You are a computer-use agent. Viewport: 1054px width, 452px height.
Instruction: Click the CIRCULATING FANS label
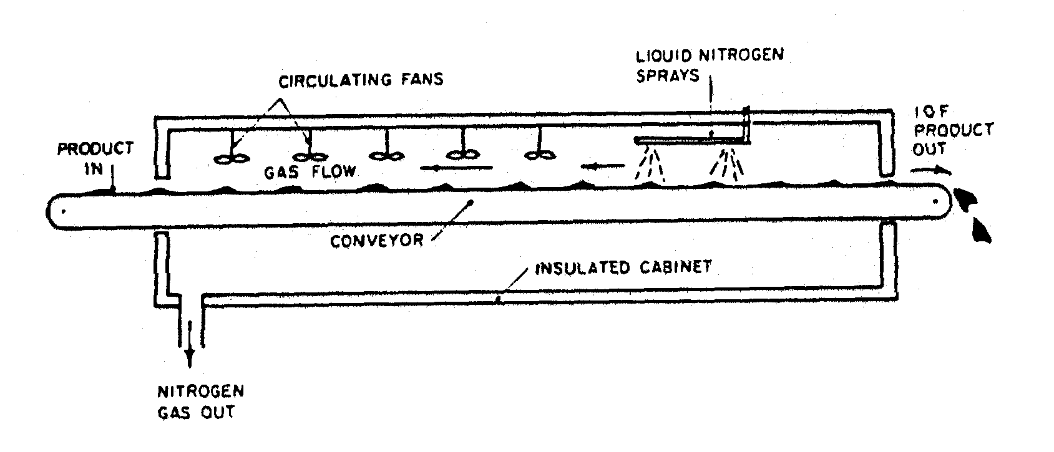[360, 80]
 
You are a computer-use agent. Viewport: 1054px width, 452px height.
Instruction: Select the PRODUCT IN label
[95, 158]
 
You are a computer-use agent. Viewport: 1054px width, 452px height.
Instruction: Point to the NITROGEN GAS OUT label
[199, 402]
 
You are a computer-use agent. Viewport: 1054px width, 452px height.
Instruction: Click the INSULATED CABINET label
[623, 268]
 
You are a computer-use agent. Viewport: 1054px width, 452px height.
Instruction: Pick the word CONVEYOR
[377, 240]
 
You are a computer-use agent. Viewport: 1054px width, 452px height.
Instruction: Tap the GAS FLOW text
[310, 171]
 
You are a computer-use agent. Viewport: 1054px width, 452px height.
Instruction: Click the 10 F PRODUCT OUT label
[952, 130]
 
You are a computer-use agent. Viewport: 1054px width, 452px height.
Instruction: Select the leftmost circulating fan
[229, 158]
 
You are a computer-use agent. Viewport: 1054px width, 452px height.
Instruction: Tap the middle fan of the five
[387, 156]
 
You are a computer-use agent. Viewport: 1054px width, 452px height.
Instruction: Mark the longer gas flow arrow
[457, 167]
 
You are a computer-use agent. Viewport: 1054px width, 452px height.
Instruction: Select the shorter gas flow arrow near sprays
[602, 166]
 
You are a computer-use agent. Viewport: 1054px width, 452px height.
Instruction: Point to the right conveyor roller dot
[935, 201]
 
